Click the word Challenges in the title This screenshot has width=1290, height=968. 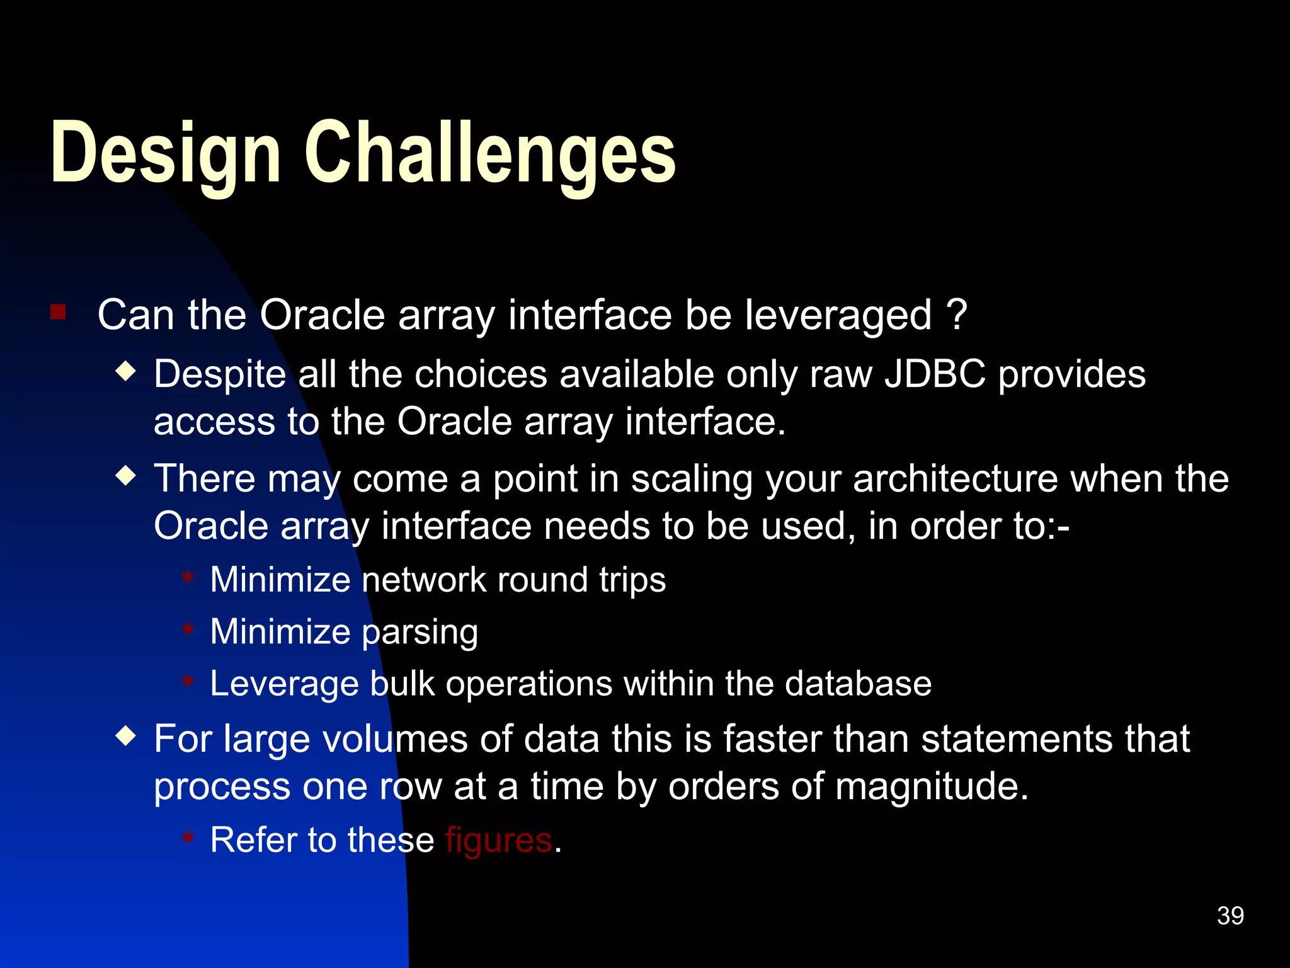pyautogui.click(x=490, y=153)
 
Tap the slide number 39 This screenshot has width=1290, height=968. pyautogui.click(x=1230, y=916)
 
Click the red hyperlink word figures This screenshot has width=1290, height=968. pyautogui.click(x=499, y=841)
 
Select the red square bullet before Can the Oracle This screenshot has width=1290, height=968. pyautogui.click(x=58, y=312)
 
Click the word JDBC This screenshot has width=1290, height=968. pyautogui.click(x=935, y=374)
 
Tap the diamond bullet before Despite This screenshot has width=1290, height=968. pyautogui.click(x=127, y=371)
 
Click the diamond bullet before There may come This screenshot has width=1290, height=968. pyautogui.click(x=127, y=476)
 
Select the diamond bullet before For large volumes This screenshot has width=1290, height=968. pyautogui.click(x=127, y=735)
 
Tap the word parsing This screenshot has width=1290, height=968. pyautogui.click(x=420, y=632)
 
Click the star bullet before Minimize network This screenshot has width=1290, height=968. pyautogui.click(x=188, y=577)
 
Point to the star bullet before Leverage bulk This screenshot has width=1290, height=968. pyautogui.click(x=188, y=681)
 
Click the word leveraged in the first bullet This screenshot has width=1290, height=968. pyautogui.click(x=838, y=315)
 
